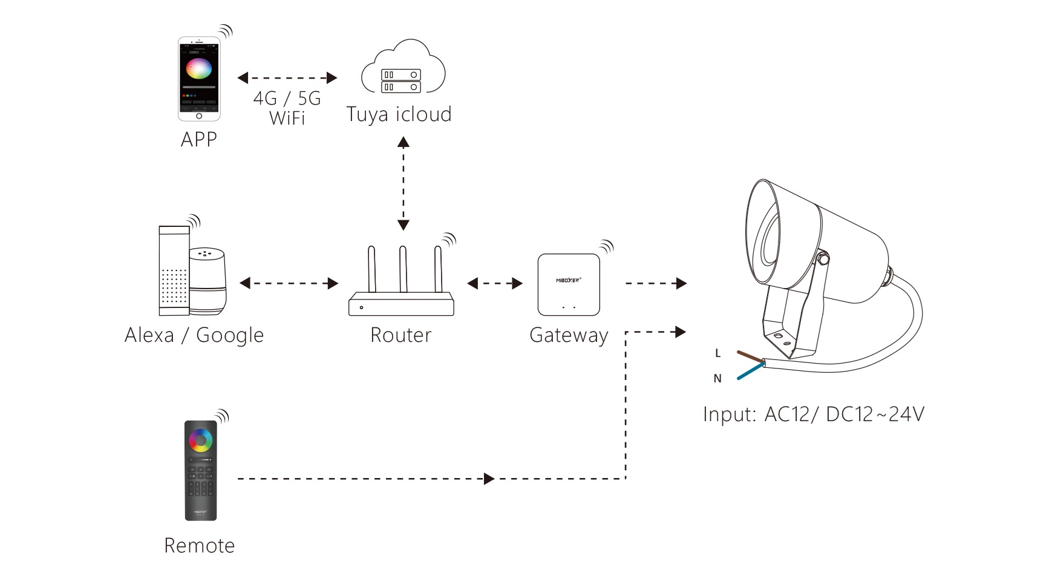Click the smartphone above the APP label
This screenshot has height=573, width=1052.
[x=199, y=79]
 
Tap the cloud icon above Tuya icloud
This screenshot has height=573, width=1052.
[x=403, y=68]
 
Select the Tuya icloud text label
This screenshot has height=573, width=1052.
[x=399, y=114]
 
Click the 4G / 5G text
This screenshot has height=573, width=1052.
[x=287, y=98]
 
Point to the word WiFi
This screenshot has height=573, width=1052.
[x=287, y=118]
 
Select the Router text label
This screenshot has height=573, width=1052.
[x=400, y=335]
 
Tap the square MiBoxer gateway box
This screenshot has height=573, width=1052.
[x=569, y=284]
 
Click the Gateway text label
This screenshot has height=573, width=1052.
[x=569, y=335]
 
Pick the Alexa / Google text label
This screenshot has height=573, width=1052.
[x=194, y=335]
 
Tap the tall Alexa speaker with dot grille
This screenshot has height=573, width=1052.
[x=174, y=271]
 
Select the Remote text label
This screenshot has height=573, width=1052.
[x=199, y=546]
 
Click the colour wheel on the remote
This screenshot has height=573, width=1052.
[x=200, y=440]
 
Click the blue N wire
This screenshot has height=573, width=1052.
[x=750, y=371]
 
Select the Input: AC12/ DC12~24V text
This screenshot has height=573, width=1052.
[x=814, y=414]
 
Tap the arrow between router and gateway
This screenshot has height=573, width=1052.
[x=495, y=283]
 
